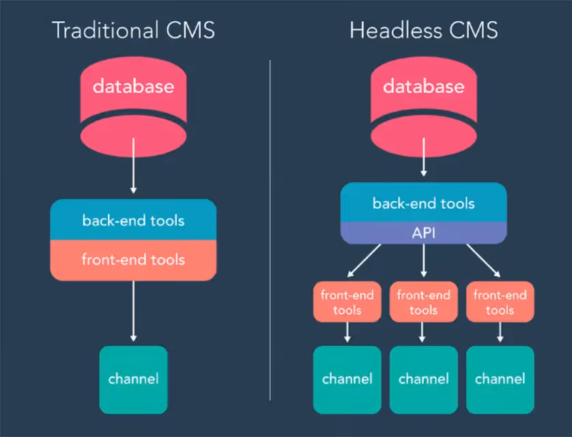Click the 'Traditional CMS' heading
(x=134, y=31)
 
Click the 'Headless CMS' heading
(x=423, y=31)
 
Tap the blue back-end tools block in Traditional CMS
(x=134, y=221)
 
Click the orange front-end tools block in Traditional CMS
(x=134, y=260)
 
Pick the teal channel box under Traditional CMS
(x=134, y=379)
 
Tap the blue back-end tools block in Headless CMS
(x=423, y=203)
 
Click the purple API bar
(x=423, y=233)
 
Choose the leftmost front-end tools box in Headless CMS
(x=347, y=302)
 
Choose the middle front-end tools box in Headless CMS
(x=423, y=302)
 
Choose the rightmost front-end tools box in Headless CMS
(x=500, y=302)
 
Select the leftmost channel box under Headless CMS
(x=347, y=379)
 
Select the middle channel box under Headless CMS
(x=423, y=379)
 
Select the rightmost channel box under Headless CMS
(x=500, y=379)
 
